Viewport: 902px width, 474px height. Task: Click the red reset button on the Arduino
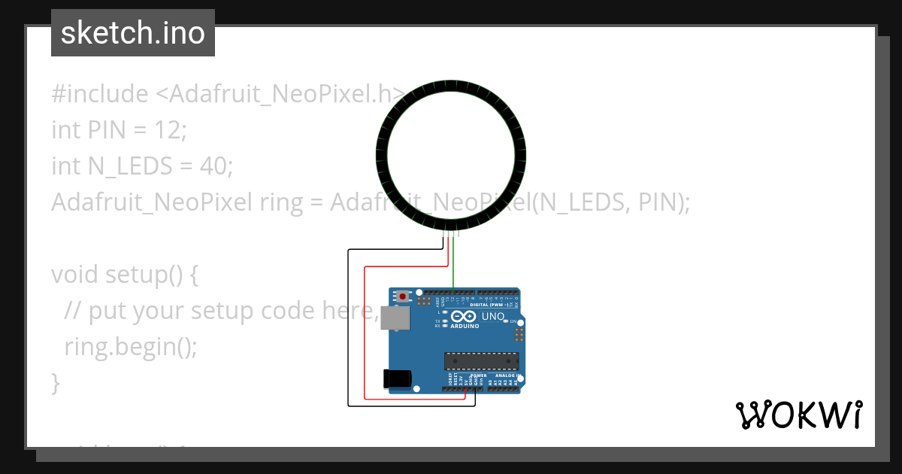[x=404, y=296]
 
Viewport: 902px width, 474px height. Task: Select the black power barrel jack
[x=398, y=379]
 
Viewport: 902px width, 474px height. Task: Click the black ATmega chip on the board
[x=481, y=362]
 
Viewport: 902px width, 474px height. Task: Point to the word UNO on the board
[x=492, y=317]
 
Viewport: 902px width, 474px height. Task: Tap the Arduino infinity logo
[x=464, y=318]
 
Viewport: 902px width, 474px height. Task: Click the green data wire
[x=453, y=263]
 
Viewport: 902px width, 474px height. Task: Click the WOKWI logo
[x=798, y=415]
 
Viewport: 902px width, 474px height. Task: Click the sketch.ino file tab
[x=133, y=33]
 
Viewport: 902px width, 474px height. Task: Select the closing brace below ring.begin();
[x=55, y=382]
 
